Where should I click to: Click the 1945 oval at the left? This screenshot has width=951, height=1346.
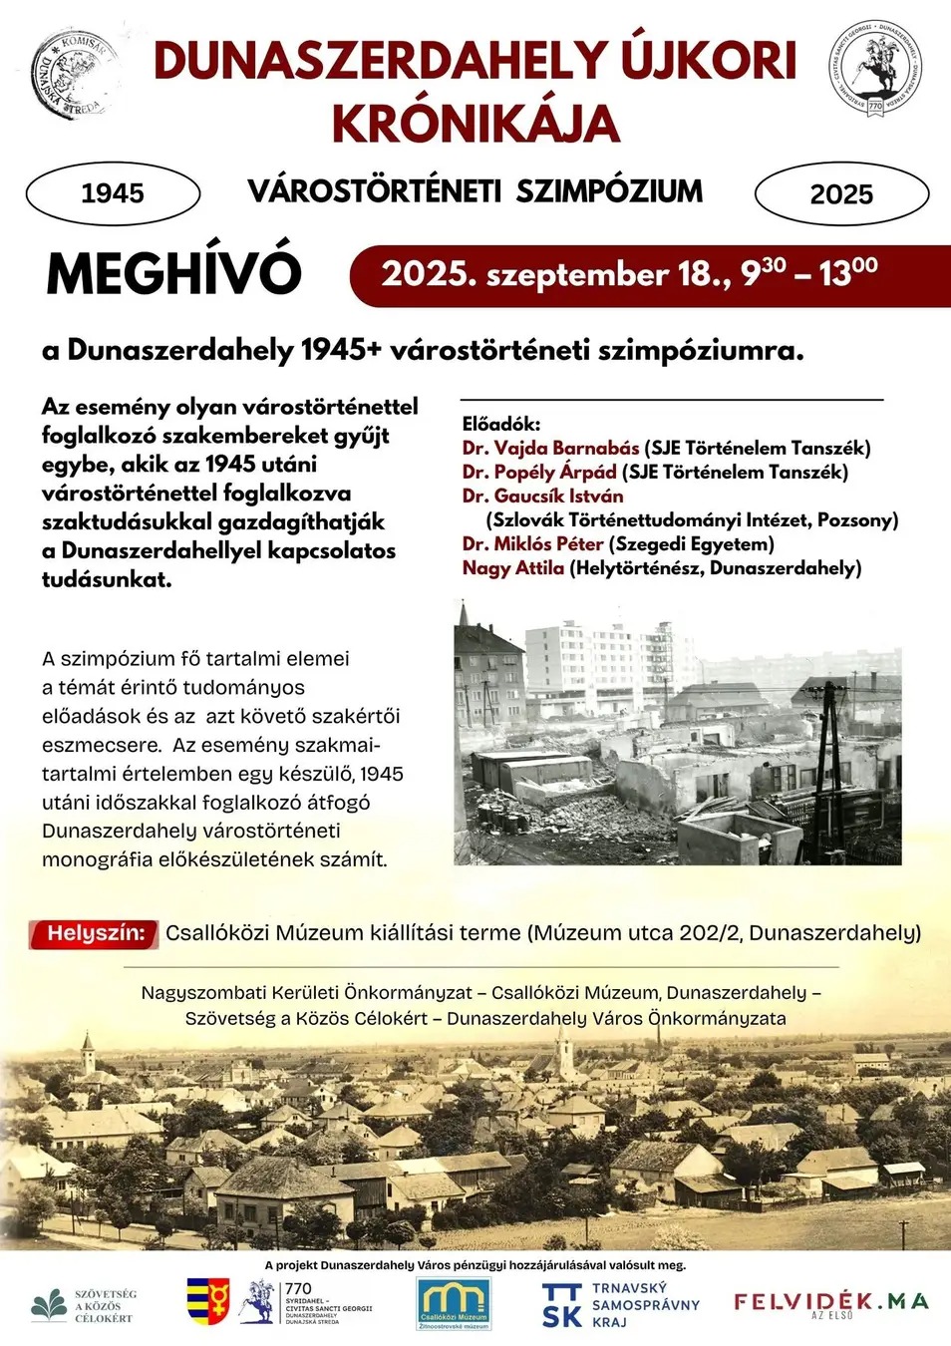click(113, 193)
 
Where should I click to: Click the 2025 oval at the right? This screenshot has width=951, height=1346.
click(841, 194)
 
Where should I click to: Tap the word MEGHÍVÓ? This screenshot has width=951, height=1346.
click(173, 273)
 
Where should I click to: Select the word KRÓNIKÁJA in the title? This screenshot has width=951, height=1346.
click(475, 124)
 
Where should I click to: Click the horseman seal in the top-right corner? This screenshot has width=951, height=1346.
click(875, 68)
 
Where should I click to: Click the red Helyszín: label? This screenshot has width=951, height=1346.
click(95, 933)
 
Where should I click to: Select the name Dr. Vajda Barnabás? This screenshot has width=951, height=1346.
click(550, 448)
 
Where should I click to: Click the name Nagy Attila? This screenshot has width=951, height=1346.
click(512, 568)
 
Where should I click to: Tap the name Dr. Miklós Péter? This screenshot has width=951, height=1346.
click(532, 544)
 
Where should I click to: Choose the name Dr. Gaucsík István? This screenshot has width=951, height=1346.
click(542, 496)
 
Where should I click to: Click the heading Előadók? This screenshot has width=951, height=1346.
click(500, 424)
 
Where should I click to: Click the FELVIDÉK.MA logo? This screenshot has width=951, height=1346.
click(830, 1302)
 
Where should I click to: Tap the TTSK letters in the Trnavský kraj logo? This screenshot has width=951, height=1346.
click(562, 1306)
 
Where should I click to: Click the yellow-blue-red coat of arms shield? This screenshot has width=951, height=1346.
click(208, 1300)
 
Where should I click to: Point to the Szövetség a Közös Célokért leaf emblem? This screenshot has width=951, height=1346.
click(49, 1304)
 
